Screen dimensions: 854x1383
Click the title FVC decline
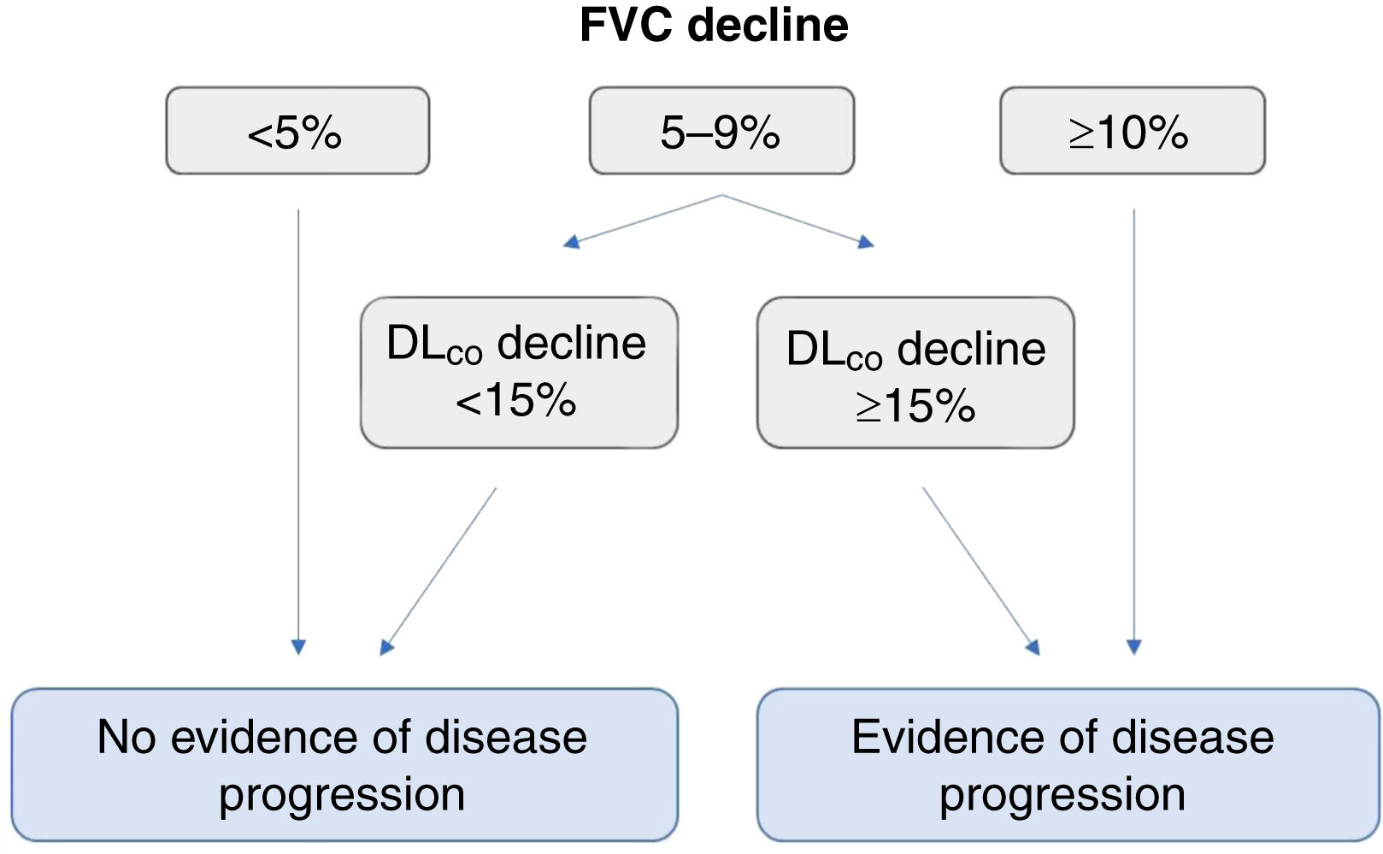pos(714,25)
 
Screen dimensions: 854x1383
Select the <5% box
pos(297,131)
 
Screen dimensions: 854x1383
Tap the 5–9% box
pos(721,131)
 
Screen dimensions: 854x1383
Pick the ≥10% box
pos(1132,131)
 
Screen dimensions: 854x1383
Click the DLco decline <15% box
pos(519,372)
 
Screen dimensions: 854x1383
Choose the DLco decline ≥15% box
pos(915,372)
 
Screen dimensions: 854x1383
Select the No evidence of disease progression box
pos(344,764)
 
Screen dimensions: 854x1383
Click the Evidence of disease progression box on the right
pos(1067,764)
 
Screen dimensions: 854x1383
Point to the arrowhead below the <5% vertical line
pos(298,647)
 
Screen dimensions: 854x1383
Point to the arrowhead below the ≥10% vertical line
pos(1134,647)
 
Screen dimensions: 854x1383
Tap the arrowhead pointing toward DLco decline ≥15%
pos(866,242)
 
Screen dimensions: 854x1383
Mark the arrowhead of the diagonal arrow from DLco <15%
pos(387,647)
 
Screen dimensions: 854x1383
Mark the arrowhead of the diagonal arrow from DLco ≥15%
pos(1033,647)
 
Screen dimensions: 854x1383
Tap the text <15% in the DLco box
pos(516,400)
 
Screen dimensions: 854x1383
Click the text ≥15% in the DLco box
pos(915,405)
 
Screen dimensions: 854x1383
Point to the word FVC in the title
pos(627,25)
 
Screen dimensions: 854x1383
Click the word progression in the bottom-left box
pos(342,795)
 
